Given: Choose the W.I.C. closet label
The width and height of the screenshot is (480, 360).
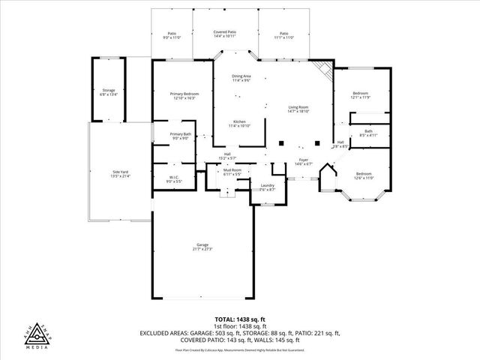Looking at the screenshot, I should coord(173,178).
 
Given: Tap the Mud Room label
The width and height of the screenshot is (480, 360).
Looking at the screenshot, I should coord(231,172).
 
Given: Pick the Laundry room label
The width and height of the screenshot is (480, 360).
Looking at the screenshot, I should coord(267,187).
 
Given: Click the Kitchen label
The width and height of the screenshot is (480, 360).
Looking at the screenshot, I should coord(239,123).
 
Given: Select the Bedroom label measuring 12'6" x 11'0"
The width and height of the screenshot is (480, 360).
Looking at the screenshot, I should coord(364,174).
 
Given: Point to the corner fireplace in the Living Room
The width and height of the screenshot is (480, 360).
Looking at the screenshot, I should coord(324,70).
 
